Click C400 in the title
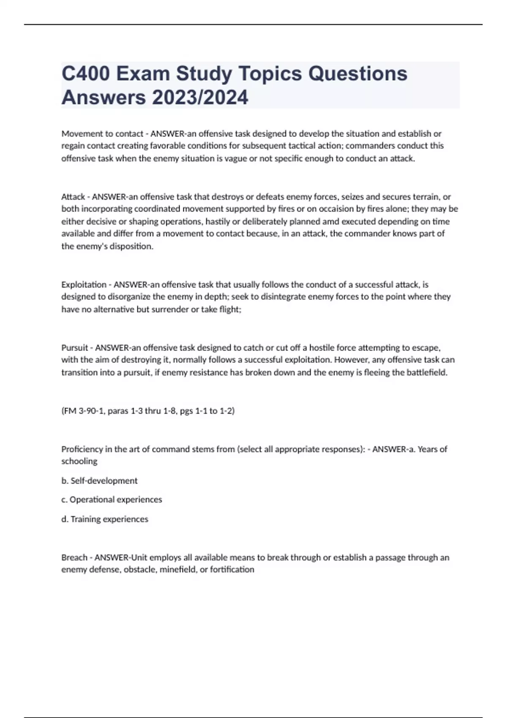point(85,73)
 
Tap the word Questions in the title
point(357,73)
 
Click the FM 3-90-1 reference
point(83,411)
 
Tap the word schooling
point(79,461)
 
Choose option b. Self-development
point(99,481)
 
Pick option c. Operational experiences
point(112,500)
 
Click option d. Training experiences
point(105,519)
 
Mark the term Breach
point(74,558)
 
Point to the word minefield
point(179,570)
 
